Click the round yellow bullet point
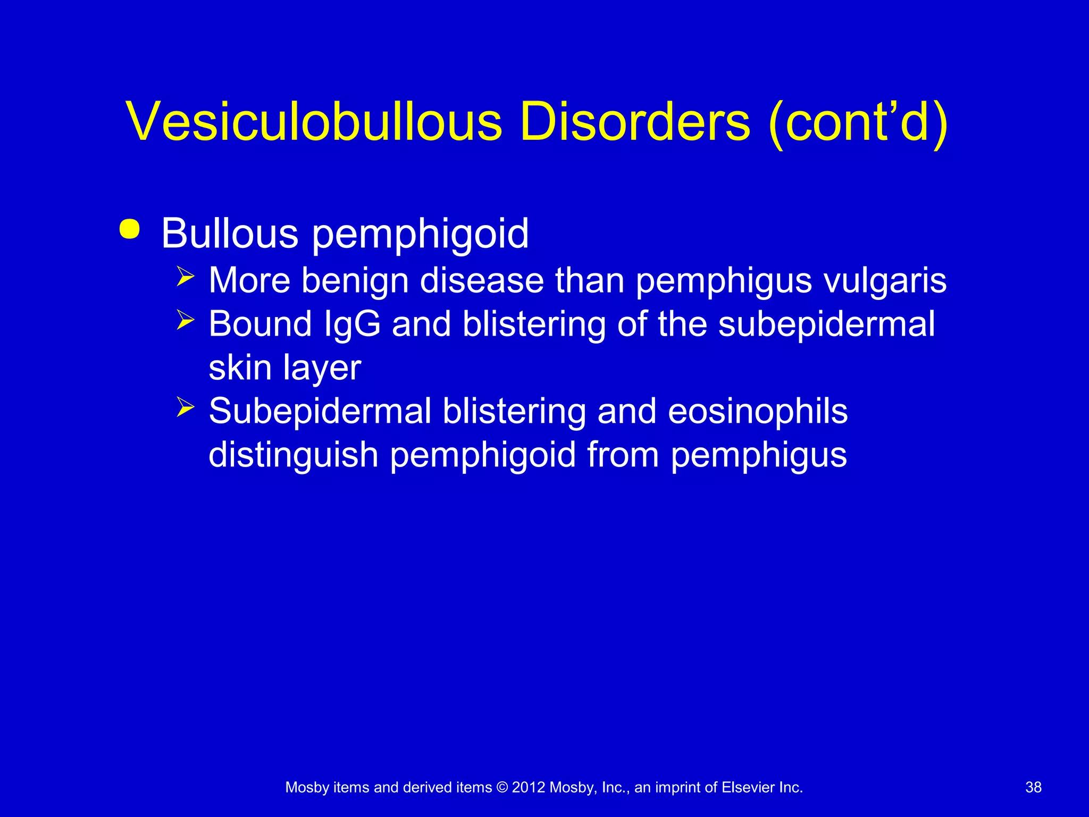130,229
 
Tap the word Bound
260,324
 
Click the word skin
240,368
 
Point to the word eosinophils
758,411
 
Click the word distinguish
293,455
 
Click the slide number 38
1033,787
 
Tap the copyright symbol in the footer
502,787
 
